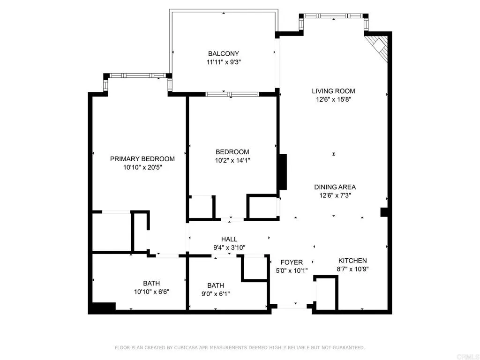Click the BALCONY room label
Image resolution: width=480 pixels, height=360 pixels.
coord(224,54)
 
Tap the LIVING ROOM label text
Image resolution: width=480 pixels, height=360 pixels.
coord(334,91)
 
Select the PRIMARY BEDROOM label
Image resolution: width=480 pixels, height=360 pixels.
coord(142,159)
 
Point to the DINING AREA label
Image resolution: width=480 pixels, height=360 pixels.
coord(335,187)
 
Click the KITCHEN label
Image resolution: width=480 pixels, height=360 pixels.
coord(352,261)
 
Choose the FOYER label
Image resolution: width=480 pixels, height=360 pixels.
coord(292,262)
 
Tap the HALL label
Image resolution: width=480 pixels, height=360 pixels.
coord(229,239)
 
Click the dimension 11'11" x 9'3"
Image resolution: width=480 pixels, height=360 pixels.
coord(224,62)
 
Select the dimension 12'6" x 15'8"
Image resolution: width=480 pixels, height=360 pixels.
coord(334,99)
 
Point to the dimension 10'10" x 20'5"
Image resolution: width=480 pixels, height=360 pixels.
coord(142,167)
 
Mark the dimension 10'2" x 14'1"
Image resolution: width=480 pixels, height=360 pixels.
coord(232,160)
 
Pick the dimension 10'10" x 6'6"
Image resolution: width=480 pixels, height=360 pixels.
coord(151,291)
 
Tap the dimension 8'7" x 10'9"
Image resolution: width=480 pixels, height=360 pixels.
coord(352,269)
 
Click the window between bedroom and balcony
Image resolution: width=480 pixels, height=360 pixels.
coord(232,94)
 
